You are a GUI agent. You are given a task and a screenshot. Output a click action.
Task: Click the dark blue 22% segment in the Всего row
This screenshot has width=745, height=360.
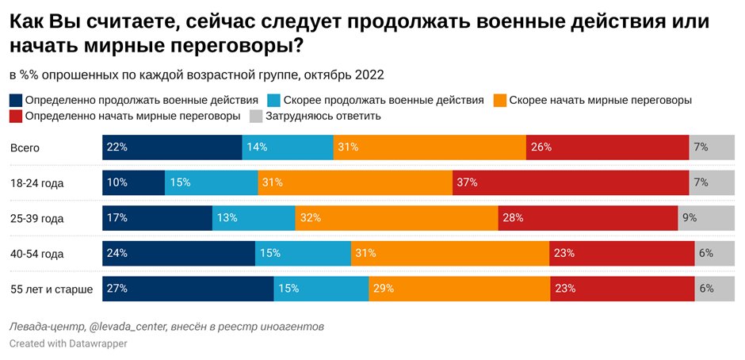point(172,147)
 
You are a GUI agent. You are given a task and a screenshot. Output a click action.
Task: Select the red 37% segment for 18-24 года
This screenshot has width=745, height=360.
point(571,182)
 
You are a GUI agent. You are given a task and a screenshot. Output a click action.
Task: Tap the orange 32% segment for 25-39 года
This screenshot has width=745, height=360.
point(396,218)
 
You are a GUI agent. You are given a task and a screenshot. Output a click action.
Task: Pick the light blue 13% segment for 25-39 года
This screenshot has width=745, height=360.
point(254,218)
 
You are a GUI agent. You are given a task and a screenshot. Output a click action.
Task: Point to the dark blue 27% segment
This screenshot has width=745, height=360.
point(188,289)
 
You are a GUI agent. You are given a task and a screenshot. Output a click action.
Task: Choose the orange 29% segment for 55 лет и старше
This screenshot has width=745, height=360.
point(460,289)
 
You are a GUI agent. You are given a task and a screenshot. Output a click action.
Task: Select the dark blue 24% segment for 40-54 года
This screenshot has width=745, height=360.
point(178,254)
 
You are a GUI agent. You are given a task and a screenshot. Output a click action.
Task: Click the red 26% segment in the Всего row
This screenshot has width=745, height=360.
point(607,147)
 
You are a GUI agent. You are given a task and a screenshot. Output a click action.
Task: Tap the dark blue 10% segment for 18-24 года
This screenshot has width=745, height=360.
point(133,182)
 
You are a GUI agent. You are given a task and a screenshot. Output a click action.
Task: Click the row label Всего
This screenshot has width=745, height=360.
point(25,147)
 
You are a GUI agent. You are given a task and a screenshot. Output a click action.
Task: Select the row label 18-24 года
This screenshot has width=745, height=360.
point(36,183)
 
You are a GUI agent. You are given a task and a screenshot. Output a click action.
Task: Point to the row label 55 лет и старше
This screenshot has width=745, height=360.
point(52,289)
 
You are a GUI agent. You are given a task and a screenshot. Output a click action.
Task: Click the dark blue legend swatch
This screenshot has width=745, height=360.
point(16,101)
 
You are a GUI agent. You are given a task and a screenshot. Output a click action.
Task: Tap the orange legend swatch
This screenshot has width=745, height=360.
point(500,101)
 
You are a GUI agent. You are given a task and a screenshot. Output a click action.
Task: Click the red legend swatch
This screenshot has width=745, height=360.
point(16,116)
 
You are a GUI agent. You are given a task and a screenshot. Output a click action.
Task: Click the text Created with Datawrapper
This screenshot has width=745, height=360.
point(67,344)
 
